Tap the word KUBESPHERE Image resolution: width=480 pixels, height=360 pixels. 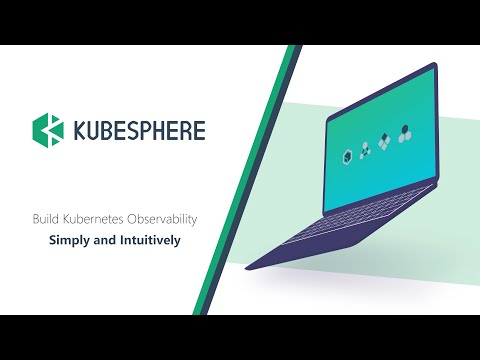tap(139, 131)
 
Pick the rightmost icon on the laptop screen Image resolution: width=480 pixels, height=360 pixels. tap(404, 132)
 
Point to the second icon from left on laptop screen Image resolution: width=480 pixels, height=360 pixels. tap(365, 148)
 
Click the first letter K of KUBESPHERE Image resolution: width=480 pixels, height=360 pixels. tap(80, 131)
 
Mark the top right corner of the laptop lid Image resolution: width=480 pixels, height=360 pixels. tap(437, 66)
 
